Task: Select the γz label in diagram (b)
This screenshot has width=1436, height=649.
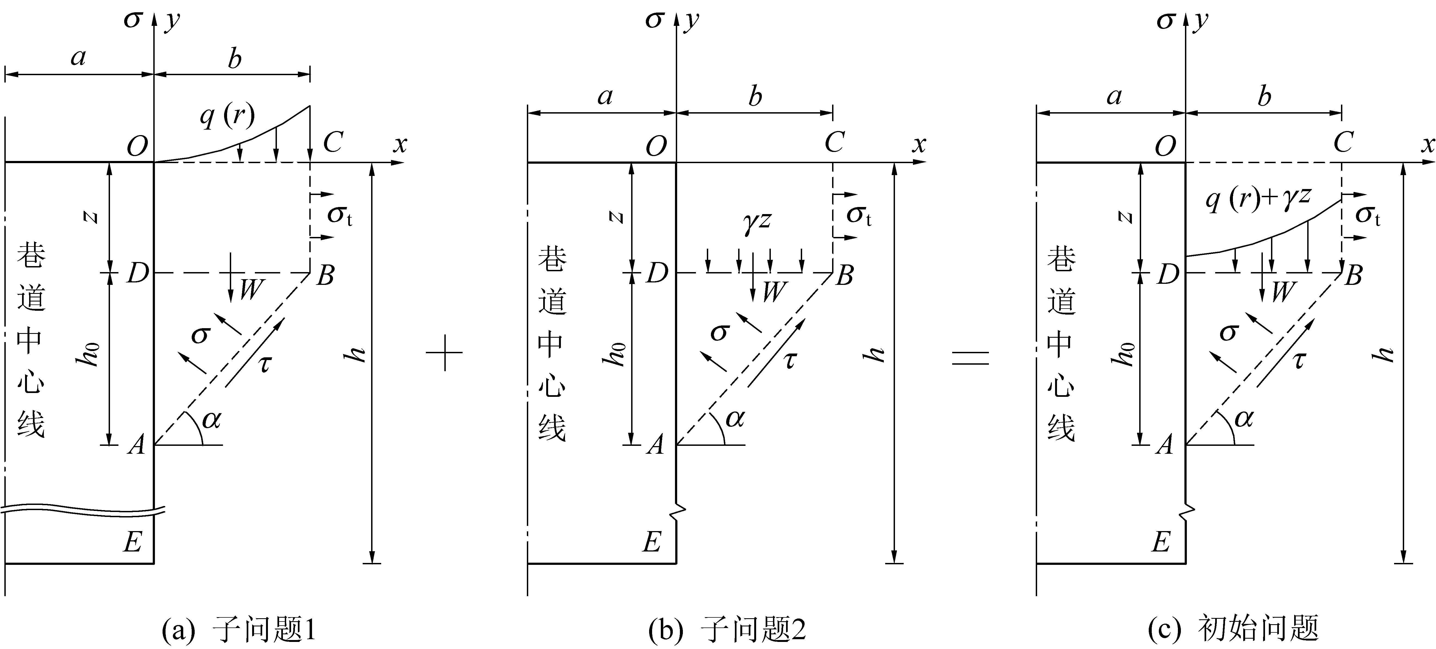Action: [756, 221]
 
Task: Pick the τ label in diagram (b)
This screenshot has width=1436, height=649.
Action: [790, 361]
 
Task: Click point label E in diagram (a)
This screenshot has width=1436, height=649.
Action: [133, 541]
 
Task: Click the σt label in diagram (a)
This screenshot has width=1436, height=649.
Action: [339, 215]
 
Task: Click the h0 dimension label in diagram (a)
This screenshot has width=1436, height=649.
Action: [88, 355]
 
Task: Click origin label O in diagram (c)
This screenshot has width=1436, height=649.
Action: [1165, 146]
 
